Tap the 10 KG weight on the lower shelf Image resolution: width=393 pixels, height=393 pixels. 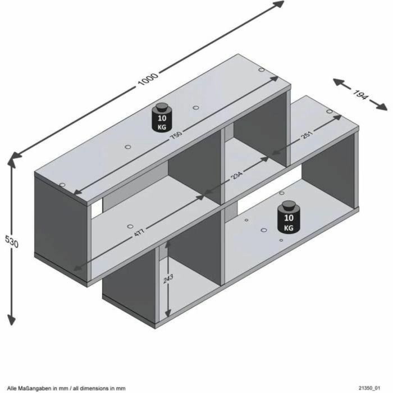point(289,218)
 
